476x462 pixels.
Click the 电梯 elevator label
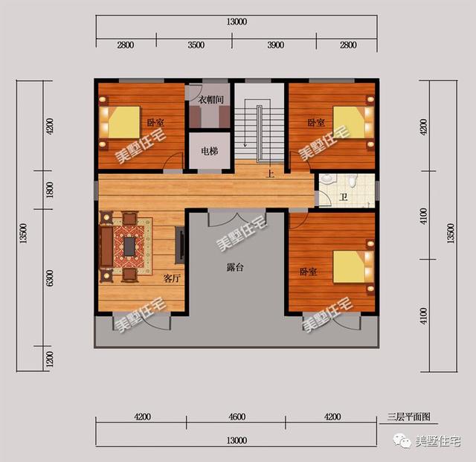(210, 151)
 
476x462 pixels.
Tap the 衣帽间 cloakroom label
(211, 100)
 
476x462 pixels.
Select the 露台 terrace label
(235, 267)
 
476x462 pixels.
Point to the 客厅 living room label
(172, 278)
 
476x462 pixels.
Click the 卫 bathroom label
(344, 198)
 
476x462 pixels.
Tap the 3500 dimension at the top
(196, 45)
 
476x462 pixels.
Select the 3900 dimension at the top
(276, 45)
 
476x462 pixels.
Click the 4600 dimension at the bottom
(237, 417)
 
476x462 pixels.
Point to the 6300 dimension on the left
(50, 278)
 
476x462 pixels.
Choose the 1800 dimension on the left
(50, 190)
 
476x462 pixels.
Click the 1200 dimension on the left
(50, 359)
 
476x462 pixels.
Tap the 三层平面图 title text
(408, 417)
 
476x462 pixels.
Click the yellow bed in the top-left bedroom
(124, 122)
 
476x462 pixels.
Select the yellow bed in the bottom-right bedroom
(349, 266)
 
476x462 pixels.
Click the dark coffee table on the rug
(129, 246)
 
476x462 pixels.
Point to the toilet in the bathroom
(352, 181)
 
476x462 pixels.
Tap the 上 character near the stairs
(270, 173)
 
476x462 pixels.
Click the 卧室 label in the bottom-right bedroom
(308, 272)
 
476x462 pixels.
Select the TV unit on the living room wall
(180, 245)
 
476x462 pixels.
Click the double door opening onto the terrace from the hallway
(237, 217)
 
